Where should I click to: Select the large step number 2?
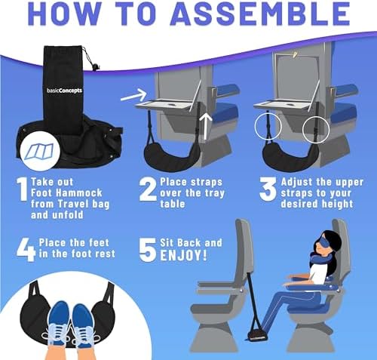click(x=148, y=189)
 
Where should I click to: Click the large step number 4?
click(x=26, y=250)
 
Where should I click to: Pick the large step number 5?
click(x=147, y=250)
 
